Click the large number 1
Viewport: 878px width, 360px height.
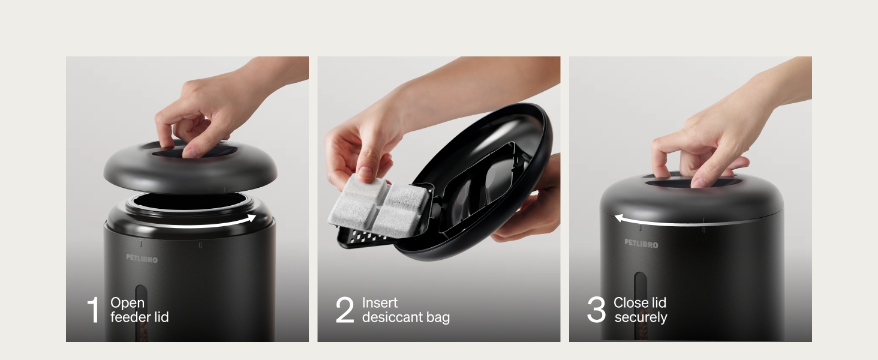[x=93, y=310]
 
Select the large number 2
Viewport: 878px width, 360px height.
[x=345, y=310]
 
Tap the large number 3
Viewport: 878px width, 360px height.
[x=596, y=310]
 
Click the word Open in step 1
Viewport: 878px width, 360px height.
[x=127, y=303]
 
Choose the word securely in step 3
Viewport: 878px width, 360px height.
[x=641, y=317]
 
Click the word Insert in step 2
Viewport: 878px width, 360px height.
[x=380, y=303]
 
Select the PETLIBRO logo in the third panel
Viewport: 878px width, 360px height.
[x=641, y=244]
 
